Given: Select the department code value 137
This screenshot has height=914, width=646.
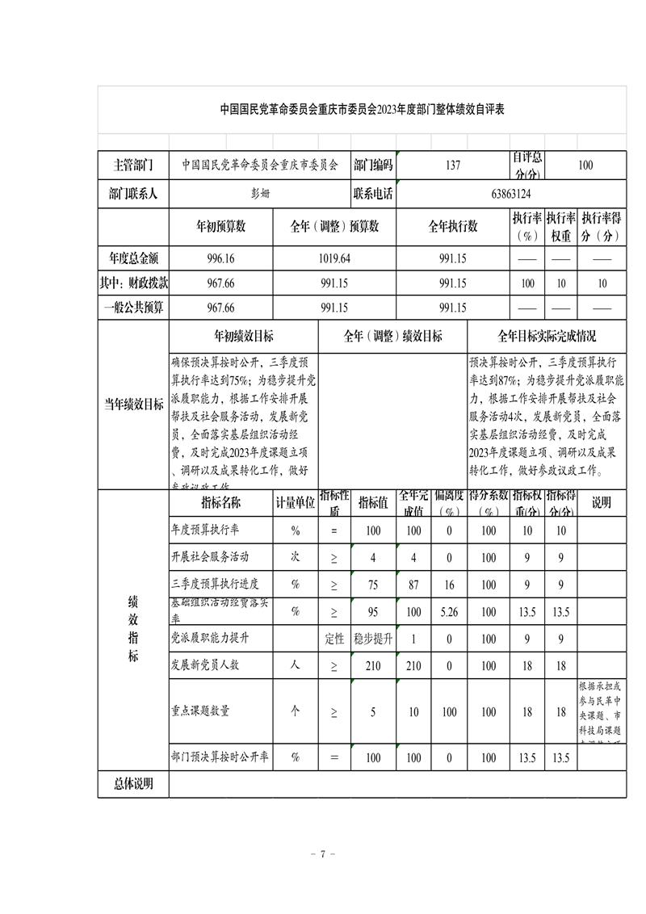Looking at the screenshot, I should (x=453, y=166).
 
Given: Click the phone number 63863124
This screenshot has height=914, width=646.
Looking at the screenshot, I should (x=510, y=194).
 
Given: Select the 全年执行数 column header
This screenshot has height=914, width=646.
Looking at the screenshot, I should (x=453, y=227).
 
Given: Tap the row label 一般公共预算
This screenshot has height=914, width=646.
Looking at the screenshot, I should (x=133, y=308).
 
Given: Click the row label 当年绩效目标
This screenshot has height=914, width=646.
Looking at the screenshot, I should (x=133, y=405).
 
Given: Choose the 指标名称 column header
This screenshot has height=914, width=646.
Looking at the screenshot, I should (x=220, y=502).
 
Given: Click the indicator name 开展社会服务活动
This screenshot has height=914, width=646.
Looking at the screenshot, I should (x=210, y=557).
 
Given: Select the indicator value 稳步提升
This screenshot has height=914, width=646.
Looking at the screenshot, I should (x=373, y=639).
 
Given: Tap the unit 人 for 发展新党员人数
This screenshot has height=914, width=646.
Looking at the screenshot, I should (x=296, y=666).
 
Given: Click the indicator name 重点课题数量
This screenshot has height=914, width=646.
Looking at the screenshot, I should (x=200, y=711).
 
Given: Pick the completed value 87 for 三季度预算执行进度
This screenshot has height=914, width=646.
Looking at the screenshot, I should (x=414, y=585).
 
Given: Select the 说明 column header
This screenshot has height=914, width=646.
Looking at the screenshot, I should (x=602, y=502).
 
